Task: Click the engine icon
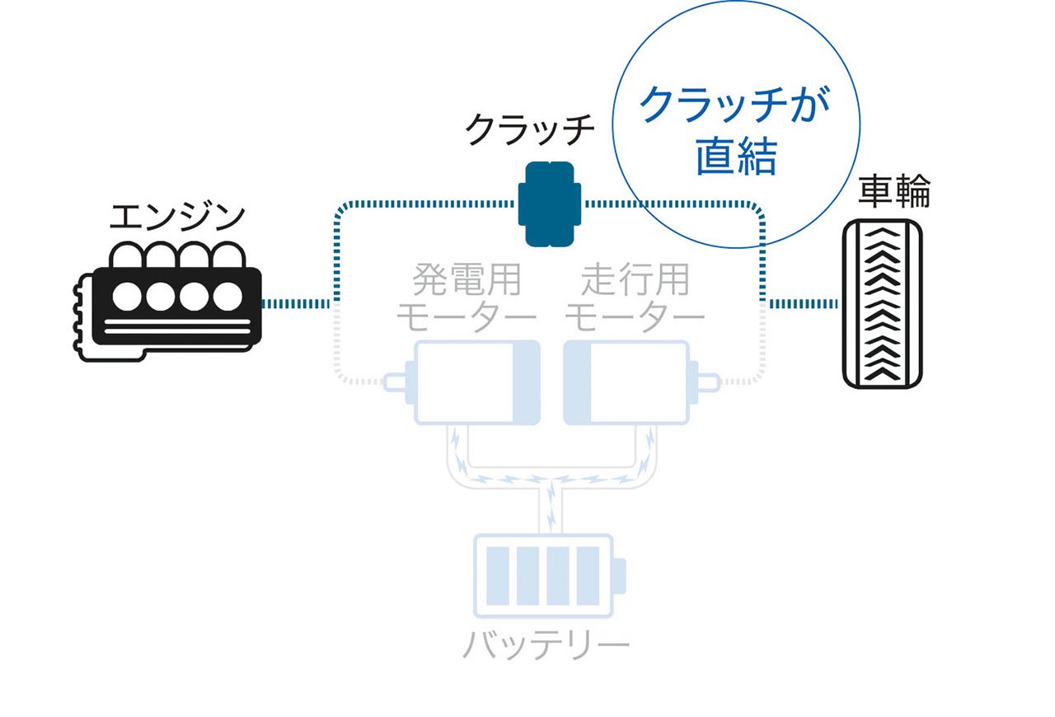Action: (167, 302)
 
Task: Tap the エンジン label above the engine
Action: (177, 218)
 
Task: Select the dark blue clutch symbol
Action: (550, 204)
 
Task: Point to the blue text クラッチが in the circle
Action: (734, 105)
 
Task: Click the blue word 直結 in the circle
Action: (736, 156)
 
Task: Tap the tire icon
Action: (882, 304)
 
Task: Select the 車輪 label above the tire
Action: (894, 190)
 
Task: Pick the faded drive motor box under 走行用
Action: (627, 382)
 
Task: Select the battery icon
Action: (549, 576)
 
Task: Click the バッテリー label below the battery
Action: (546, 644)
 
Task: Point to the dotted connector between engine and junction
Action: (296, 304)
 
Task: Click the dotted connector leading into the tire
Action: (804, 304)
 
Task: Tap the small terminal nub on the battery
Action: (620, 576)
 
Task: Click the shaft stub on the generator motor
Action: (395, 382)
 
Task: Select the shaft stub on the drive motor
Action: (708, 382)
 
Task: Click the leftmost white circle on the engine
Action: (127, 297)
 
